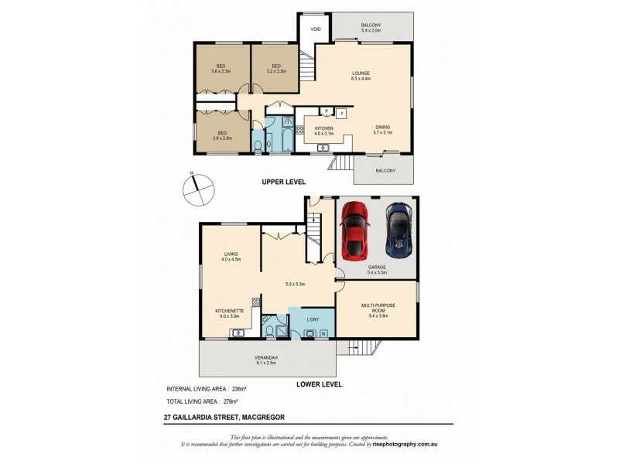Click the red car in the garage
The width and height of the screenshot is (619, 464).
point(354,230)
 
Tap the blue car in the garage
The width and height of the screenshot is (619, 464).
point(398,230)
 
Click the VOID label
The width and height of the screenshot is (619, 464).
point(316,29)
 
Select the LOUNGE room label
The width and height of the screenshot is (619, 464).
point(361,75)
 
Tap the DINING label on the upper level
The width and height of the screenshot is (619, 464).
point(383,128)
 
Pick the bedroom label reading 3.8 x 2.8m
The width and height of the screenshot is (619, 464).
point(222,135)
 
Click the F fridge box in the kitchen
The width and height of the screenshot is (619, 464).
point(341,112)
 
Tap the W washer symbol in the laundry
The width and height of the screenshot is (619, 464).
point(323,333)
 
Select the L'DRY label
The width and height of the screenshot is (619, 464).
point(313,319)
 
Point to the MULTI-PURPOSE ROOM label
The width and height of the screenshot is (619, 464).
point(378,308)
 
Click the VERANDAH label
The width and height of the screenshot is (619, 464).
point(266,357)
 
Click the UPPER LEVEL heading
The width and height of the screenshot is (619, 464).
point(283,182)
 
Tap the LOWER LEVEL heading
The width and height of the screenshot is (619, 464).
point(319,384)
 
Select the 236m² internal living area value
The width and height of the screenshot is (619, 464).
point(237,388)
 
